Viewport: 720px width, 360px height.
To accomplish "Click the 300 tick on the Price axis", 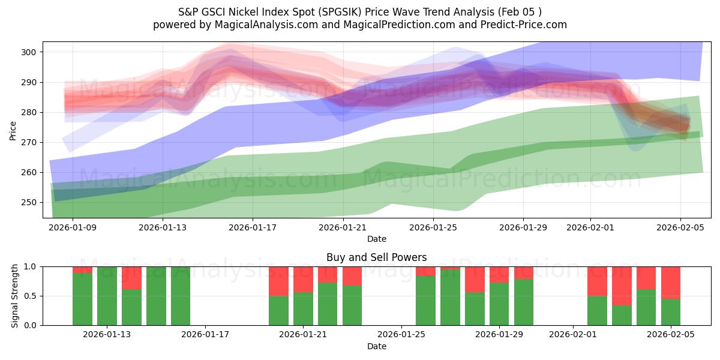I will click(29, 52).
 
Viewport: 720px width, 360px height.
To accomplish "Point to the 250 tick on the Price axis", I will click(29, 202).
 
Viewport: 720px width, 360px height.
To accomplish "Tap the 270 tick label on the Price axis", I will click(29, 142).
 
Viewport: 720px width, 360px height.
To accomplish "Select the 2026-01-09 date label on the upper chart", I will click(73, 227).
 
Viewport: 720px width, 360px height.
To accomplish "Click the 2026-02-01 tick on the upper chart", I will click(590, 227).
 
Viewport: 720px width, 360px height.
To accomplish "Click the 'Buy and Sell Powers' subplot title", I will click(376, 257).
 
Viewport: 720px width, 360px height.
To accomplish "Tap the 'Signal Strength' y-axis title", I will click(14, 296).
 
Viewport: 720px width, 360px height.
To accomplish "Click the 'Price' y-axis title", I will click(13, 130).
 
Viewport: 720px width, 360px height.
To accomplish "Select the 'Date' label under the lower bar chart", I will click(376, 346).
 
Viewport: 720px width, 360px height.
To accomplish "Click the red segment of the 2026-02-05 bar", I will click(670, 282).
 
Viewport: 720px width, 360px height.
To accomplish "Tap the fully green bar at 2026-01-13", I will click(107, 296).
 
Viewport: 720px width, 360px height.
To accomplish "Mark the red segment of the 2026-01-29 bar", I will click(499, 274).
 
